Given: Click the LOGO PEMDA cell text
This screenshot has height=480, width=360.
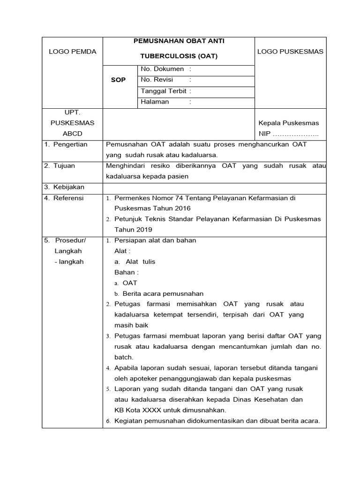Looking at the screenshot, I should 72,52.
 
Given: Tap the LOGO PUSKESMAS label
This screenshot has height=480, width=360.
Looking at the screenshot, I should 290,52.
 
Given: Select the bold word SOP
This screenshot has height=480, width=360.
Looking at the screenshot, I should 118,80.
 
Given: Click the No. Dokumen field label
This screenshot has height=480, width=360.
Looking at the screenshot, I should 162,69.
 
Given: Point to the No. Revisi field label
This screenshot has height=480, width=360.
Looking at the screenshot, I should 157,80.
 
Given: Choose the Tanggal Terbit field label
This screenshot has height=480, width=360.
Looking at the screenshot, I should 163,91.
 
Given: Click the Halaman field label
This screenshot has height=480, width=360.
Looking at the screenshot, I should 155,102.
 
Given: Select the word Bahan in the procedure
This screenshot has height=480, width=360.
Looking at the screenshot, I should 125,272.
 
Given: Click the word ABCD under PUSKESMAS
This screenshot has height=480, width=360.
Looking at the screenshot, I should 72,134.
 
